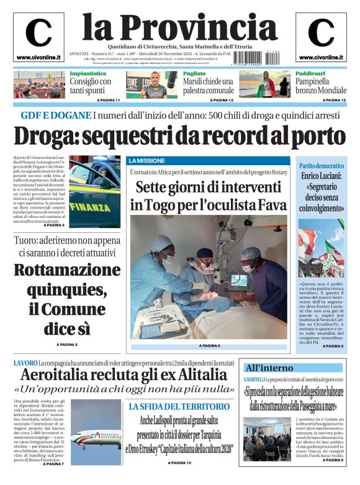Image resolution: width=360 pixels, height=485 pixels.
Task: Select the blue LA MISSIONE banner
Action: [x=146, y=161]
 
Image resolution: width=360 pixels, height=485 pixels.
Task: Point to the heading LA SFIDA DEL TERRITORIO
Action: [x=179, y=407]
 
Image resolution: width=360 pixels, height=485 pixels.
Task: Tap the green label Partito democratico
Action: [x=322, y=166]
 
